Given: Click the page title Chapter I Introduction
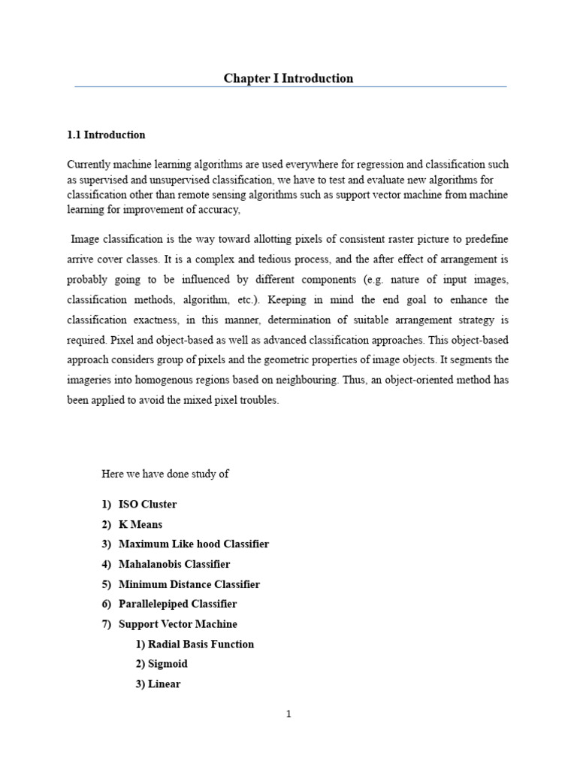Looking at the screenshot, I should tap(288, 78).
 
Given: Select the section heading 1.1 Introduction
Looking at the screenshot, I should tap(106, 135).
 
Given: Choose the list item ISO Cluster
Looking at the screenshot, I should tap(147, 504).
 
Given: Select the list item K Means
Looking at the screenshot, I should tap(140, 524).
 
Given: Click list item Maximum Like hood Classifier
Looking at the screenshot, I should tap(193, 544).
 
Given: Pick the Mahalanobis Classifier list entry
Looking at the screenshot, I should tap(174, 564).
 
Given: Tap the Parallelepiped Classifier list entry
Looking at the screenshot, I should tap(177, 604).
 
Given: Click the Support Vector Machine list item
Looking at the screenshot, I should tap(177, 624).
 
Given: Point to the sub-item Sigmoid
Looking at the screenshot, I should tap(168, 664).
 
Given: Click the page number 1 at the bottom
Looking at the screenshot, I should tap(288, 714).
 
